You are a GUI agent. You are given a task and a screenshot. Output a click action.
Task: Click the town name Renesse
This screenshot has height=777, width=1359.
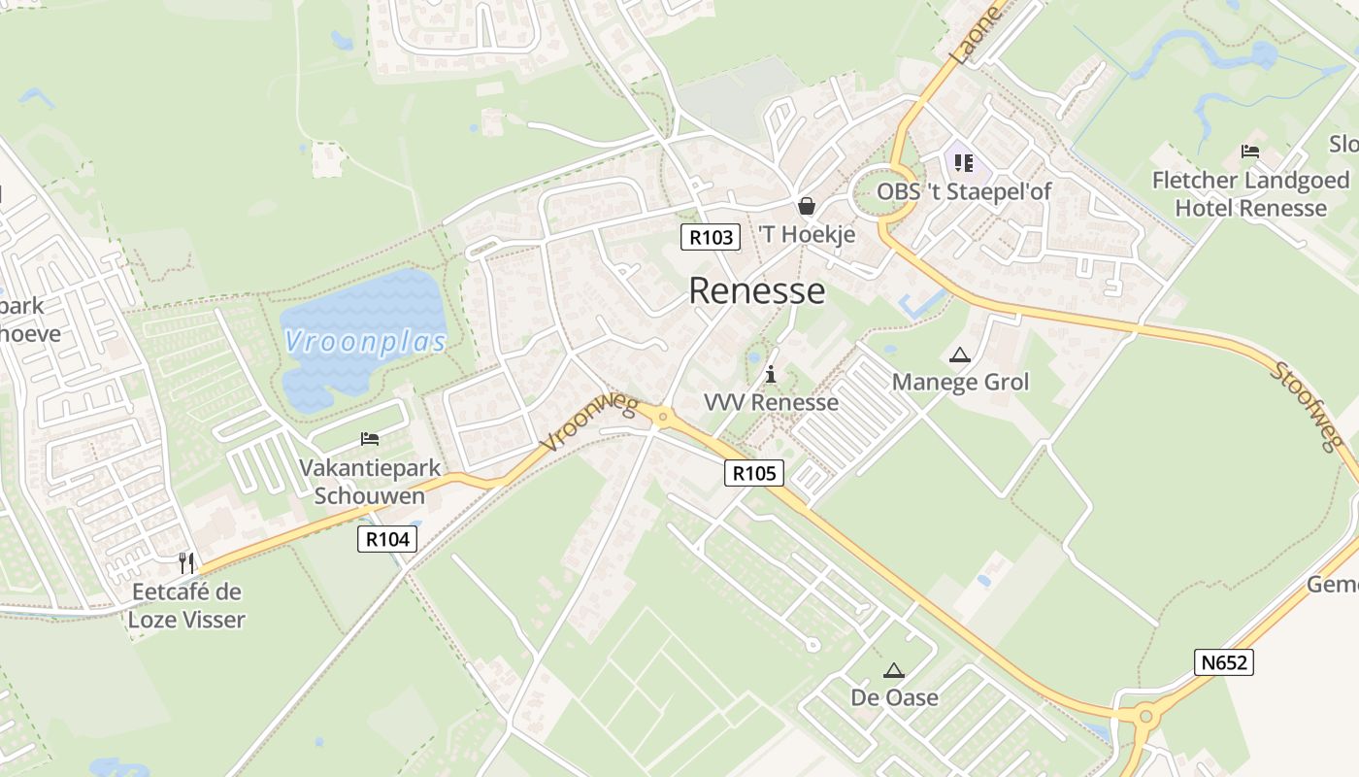coord(757,290)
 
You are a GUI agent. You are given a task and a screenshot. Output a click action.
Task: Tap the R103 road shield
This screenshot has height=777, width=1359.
coord(710,237)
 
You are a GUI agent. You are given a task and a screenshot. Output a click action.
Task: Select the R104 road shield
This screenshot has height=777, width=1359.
coord(387,539)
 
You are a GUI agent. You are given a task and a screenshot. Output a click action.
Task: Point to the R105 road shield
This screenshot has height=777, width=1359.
coord(754,473)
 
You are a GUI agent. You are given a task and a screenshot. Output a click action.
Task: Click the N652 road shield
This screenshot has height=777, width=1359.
coord(1224,662)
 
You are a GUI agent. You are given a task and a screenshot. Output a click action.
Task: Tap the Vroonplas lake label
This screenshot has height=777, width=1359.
coord(366,341)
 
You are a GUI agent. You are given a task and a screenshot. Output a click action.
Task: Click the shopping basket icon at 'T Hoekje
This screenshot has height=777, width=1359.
coord(806,206)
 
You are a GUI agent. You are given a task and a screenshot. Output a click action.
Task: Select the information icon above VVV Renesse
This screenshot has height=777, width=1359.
coord(771,374)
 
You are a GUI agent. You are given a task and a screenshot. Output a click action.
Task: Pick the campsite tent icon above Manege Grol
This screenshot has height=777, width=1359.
coord(960,355)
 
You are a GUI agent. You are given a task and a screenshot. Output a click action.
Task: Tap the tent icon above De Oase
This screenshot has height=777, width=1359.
coord(894,670)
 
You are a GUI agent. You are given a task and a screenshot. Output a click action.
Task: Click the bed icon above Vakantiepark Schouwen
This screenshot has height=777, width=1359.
coord(370,439)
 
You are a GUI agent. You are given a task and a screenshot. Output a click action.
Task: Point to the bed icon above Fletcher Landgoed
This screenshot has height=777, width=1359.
coord(1250,152)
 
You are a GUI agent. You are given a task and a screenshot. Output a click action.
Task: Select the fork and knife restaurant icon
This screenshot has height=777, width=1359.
coord(186,562)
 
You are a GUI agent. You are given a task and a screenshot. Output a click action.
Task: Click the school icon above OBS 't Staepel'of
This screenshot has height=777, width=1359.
coord(963,163)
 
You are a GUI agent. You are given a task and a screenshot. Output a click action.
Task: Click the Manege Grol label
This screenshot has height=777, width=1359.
coord(960,382)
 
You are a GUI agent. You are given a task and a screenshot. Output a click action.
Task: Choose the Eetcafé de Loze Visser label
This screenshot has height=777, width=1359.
coord(186,605)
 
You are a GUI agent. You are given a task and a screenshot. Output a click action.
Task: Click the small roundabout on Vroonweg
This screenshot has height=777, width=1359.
coord(663,418)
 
